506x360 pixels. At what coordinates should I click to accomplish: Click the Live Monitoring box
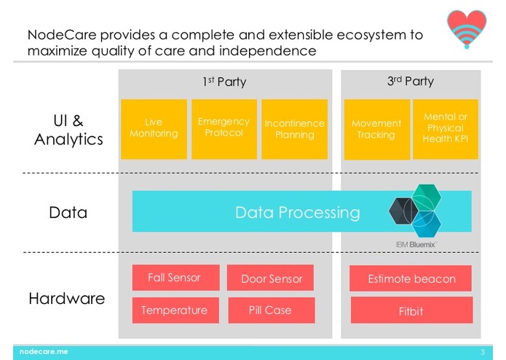(154, 129)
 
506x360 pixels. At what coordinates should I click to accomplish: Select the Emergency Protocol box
(224, 129)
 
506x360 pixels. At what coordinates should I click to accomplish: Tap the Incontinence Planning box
(295, 129)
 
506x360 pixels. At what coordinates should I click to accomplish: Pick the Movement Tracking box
(377, 130)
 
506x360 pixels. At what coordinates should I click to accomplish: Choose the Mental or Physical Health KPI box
(446, 129)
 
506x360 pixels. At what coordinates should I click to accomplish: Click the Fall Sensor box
(176, 278)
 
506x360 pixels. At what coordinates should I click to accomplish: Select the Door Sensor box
(270, 278)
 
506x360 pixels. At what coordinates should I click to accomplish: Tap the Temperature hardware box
(175, 310)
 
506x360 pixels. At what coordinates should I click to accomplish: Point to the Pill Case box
(272, 310)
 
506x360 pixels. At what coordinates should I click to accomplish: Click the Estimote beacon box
(411, 278)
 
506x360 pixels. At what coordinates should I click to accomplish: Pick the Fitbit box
(412, 310)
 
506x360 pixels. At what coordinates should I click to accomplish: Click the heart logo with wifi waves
(467, 29)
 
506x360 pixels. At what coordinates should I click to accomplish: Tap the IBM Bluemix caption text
(416, 244)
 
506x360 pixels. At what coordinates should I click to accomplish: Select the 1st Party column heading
(224, 82)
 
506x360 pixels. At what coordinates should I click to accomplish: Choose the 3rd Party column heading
(411, 81)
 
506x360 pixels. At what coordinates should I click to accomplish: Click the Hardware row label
(67, 298)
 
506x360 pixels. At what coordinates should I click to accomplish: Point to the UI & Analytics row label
(68, 130)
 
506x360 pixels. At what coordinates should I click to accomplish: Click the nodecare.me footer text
(44, 351)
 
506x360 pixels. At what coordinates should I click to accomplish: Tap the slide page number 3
(483, 352)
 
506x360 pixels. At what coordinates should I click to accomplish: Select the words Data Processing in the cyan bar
(298, 213)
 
